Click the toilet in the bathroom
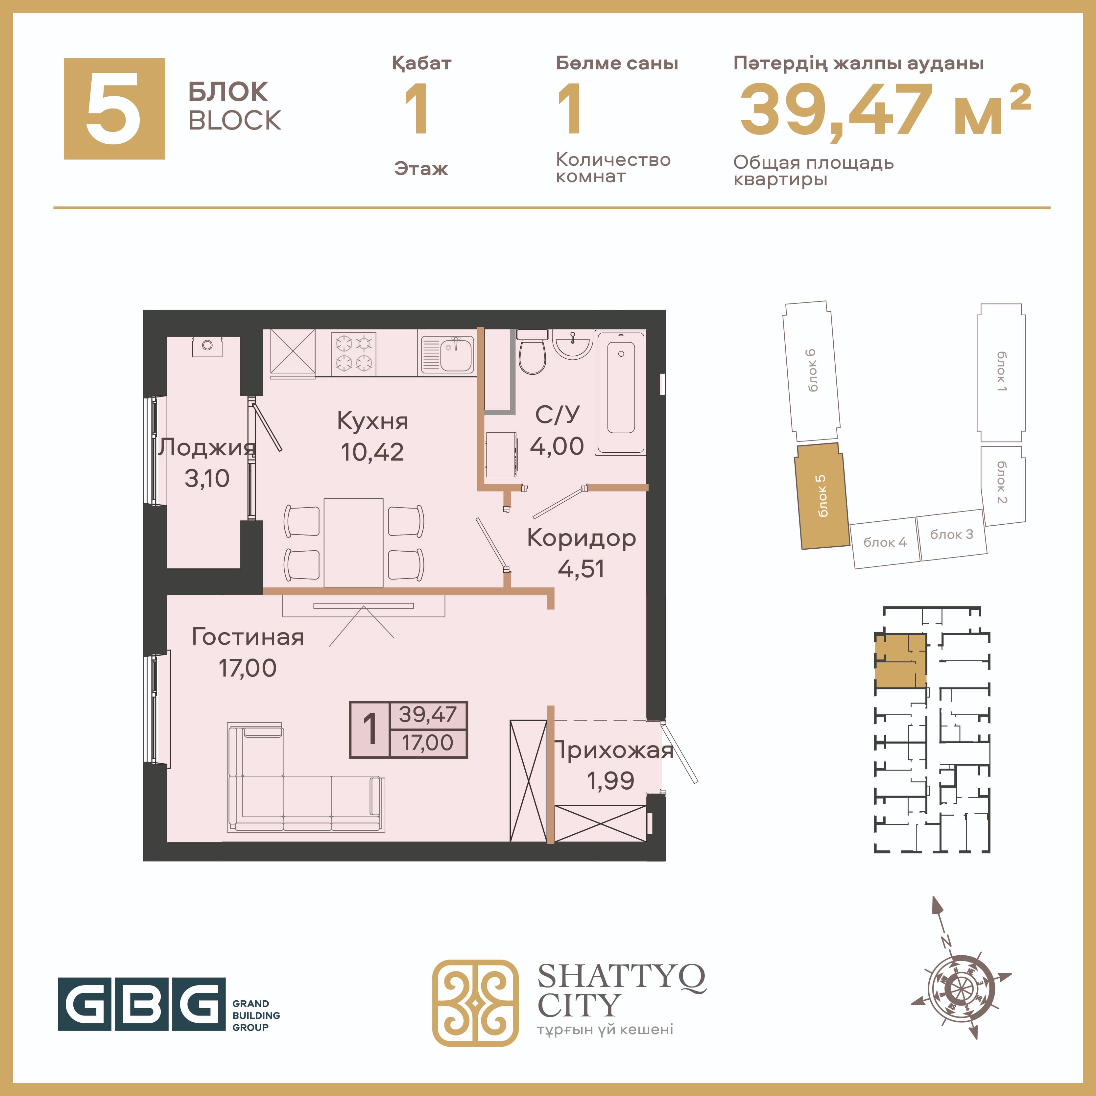pos(532,352)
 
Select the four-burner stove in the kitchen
pos(353,353)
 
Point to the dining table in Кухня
pos(353,542)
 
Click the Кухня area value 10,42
pos(372,452)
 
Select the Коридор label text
pos(582,538)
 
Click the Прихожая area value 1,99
pos(610,781)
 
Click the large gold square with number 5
pos(114,108)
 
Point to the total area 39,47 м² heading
pos(885,109)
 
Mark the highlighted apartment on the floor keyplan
pos(900,661)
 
